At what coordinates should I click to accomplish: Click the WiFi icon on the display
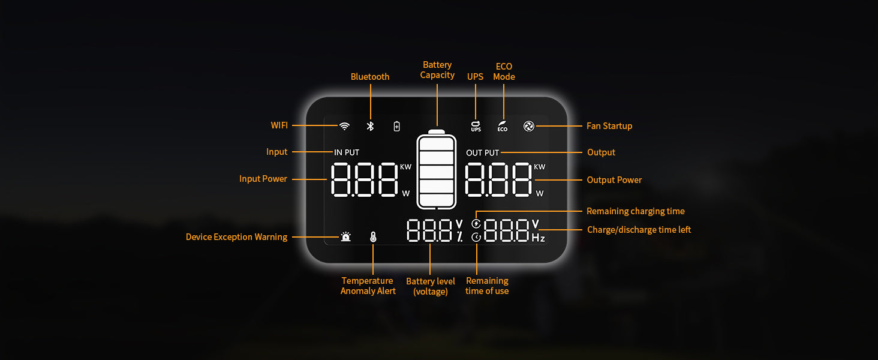click(x=344, y=126)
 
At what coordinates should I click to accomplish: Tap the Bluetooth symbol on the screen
click(x=370, y=126)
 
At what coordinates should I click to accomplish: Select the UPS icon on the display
click(x=476, y=126)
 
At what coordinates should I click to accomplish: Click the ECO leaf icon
click(x=503, y=126)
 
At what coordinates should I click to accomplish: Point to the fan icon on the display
click(x=529, y=126)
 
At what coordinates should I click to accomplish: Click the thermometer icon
click(x=373, y=237)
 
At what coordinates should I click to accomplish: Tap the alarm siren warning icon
click(x=345, y=236)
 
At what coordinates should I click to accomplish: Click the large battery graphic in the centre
click(x=436, y=169)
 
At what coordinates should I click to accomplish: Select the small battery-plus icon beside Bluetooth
click(x=396, y=126)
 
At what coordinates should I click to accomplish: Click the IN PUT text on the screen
click(x=347, y=152)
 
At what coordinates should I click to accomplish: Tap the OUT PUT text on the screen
click(x=483, y=153)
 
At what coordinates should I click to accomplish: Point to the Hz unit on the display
click(x=538, y=238)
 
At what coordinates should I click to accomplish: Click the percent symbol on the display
click(x=459, y=236)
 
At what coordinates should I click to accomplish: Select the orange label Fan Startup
click(x=609, y=126)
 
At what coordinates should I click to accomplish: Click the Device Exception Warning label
click(x=236, y=237)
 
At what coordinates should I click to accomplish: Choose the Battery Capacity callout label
click(x=437, y=70)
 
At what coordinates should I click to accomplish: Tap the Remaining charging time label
click(x=635, y=211)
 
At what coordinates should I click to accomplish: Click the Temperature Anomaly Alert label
click(x=368, y=286)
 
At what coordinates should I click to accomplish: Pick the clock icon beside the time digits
click(x=476, y=237)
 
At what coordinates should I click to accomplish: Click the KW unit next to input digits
click(x=405, y=167)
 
